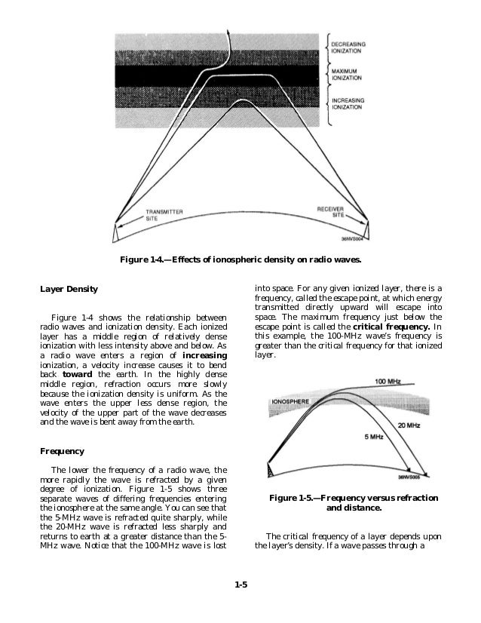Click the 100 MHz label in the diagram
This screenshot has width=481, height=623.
(389, 381)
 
